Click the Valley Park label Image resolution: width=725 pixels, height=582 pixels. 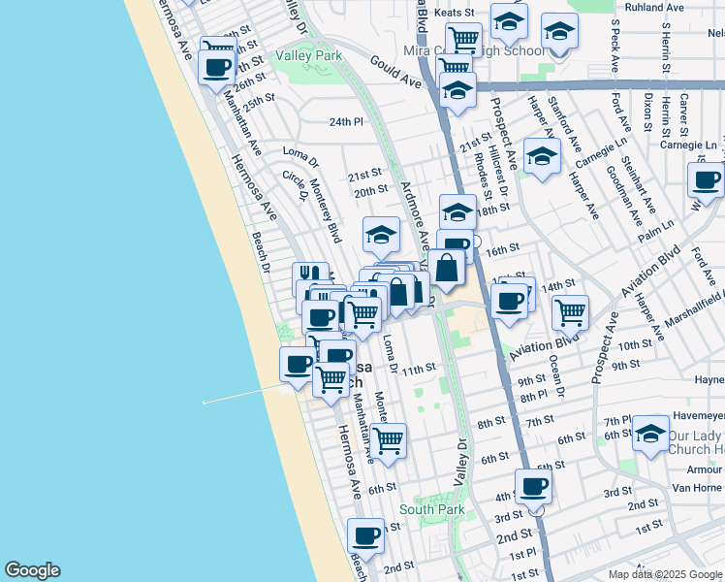pos(309,56)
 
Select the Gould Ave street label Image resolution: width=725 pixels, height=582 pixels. pos(395,73)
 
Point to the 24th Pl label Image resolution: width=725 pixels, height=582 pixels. pos(345,122)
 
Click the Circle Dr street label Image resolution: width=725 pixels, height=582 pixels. pos(294,184)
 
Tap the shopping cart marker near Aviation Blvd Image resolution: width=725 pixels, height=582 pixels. pos(571,312)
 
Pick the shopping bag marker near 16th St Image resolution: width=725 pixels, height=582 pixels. pos(446,268)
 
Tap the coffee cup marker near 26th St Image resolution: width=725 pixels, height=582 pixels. pos(216,67)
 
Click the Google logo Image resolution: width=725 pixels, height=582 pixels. pos(32,570)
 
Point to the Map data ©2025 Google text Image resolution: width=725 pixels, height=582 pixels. pos(665,574)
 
